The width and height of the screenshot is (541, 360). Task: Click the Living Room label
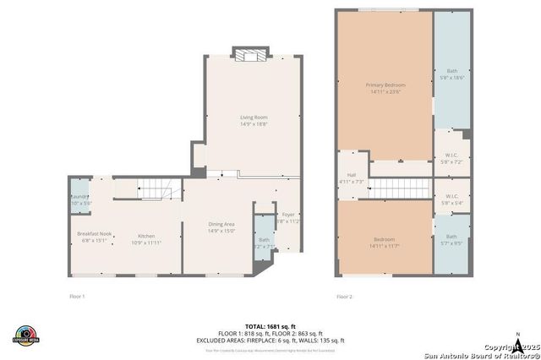[254, 122]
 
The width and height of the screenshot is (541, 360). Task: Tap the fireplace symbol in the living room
[250, 57]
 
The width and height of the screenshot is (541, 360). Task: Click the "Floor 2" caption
[344, 297]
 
